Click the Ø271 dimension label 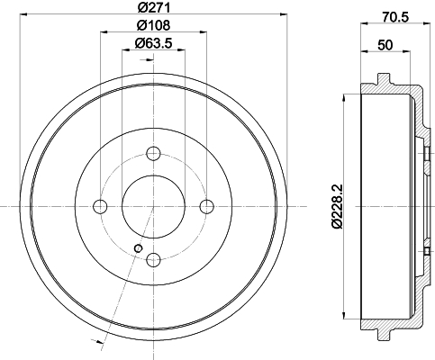coord(153,7)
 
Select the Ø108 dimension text coord(153,25)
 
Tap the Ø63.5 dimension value coord(153,43)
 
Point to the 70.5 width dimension coord(395,17)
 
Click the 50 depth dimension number coord(385,45)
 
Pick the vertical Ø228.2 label coord(337,206)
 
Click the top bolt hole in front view coord(153,154)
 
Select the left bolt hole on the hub coord(100,206)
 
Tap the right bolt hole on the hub coord(207,206)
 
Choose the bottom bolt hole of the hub coord(153,260)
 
